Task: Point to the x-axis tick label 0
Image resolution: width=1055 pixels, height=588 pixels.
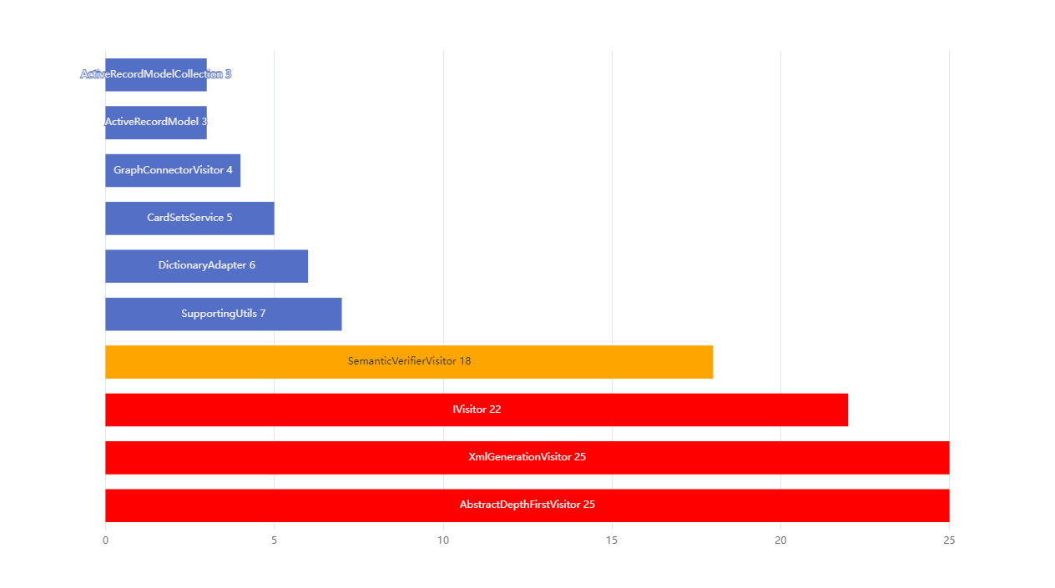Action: pos(105,540)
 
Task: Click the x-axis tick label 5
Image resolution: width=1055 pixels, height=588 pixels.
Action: pos(274,540)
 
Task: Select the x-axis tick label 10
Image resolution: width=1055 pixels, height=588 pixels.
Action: pos(443,540)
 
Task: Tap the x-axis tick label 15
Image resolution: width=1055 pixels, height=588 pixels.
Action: pos(612,540)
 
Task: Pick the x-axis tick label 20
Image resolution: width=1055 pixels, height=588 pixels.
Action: pos(780,540)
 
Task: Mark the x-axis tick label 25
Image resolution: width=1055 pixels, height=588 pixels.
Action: pos(949,540)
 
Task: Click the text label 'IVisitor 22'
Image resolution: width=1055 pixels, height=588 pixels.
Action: pos(477,410)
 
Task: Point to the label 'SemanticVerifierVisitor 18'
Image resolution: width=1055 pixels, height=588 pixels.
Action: pos(409,361)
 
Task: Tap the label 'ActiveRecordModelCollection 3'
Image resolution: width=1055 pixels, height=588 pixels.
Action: pos(156,74)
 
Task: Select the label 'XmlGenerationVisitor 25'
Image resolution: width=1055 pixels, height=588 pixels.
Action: pos(527,457)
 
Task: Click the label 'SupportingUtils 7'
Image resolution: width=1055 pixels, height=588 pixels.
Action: pos(223,314)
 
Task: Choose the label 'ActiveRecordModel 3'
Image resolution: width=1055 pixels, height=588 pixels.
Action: pos(156,122)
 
